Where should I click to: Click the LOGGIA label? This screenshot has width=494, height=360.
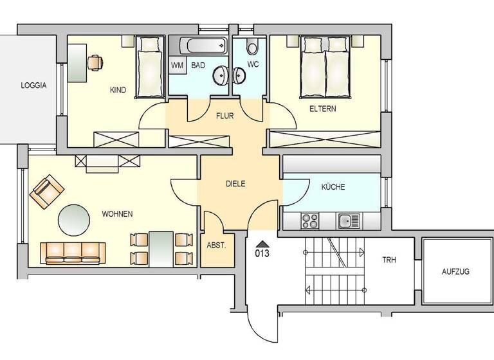click(33, 85)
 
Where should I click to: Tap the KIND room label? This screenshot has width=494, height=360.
click(118, 90)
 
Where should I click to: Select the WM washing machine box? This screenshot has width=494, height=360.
click(176, 66)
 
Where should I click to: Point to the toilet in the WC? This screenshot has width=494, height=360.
click(252, 47)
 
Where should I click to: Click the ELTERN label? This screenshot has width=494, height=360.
click(322, 109)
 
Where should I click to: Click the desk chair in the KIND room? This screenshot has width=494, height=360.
click(95, 62)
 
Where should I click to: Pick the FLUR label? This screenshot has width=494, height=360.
click(224, 116)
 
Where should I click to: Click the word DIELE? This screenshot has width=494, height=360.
click(235, 183)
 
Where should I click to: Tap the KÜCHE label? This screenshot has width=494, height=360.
click(333, 187)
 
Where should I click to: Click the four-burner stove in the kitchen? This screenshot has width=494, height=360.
click(311, 221)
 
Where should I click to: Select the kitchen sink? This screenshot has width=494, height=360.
click(350, 221)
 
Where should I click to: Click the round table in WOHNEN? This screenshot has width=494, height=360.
click(75, 220)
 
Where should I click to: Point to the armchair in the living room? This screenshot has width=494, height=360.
click(47, 192)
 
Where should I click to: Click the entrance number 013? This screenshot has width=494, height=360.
click(261, 253)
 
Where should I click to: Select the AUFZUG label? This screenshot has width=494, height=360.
click(455, 271)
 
